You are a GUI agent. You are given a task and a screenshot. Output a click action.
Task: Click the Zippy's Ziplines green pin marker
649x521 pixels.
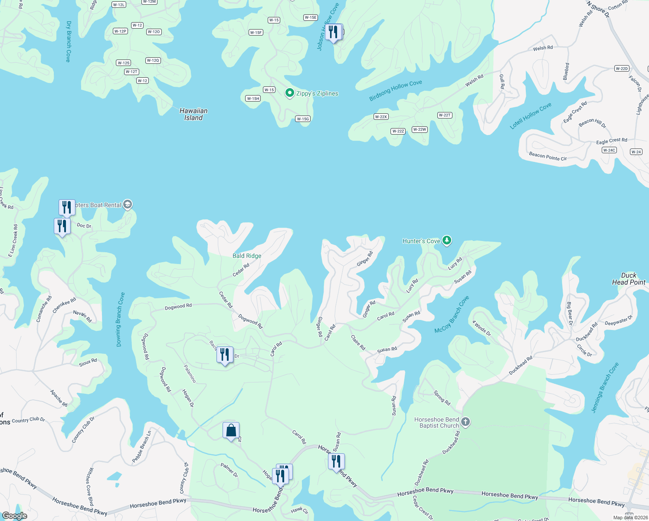289,93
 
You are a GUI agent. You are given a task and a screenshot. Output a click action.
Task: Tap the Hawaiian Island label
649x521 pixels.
193,114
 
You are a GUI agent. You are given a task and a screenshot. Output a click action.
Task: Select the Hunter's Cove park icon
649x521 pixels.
447,240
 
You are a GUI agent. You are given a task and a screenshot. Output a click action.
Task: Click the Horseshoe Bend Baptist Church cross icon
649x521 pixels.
465,422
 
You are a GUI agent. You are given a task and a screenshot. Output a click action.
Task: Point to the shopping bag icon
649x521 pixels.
231,431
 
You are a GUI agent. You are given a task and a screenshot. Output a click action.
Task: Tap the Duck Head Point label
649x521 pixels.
629,279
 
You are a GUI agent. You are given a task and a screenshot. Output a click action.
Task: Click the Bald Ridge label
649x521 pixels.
247,256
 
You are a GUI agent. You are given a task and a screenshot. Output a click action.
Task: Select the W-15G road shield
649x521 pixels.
303,119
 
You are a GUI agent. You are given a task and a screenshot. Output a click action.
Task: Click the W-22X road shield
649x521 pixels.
380,117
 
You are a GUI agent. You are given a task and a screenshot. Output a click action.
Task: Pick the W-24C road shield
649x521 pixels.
609,150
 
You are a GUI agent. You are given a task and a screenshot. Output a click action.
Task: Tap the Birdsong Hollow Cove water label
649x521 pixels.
395,90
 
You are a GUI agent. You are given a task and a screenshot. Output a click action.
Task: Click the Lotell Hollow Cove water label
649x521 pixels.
531,115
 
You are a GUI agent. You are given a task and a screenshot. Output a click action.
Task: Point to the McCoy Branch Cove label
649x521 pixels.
452,315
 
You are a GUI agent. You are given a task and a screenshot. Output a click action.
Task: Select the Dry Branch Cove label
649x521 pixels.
68,41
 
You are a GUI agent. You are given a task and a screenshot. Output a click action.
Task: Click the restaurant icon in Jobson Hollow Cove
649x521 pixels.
333,32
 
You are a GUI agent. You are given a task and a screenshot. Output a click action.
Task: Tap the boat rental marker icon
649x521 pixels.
128,204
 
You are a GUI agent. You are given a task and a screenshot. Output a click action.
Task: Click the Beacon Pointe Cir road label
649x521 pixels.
547,156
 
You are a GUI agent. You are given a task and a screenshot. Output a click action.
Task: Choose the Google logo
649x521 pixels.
14,516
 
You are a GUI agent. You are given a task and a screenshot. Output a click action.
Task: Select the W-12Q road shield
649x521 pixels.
153,60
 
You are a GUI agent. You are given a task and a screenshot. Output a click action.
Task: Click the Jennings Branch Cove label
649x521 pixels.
605,387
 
